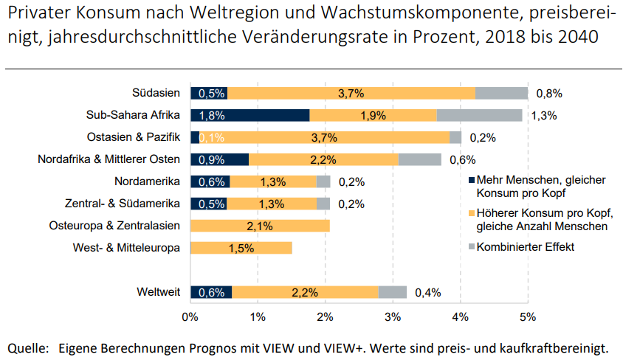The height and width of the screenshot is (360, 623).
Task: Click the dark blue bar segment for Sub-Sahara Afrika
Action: click(x=249, y=115)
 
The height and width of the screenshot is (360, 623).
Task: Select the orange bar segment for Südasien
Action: click(x=351, y=93)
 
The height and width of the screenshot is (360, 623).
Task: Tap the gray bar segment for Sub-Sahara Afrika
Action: click(x=479, y=115)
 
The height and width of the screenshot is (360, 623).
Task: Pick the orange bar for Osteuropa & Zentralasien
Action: click(x=260, y=226)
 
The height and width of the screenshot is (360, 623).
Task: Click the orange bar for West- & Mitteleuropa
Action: click(x=241, y=248)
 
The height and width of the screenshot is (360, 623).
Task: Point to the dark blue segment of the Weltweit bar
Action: click(x=211, y=292)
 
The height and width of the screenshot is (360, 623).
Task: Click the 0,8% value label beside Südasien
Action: click(x=549, y=94)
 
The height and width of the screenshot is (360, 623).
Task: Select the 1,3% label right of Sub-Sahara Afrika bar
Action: click(x=543, y=116)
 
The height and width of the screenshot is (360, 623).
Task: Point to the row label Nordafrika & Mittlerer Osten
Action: click(x=109, y=159)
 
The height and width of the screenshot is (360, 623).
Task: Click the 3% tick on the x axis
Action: click(x=392, y=318)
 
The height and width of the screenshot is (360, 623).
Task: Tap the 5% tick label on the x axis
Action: click(x=527, y=318)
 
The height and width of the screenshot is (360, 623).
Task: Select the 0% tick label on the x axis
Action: click(x=190, y=318)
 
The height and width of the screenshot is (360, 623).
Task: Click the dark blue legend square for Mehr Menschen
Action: click(x=472, y=181)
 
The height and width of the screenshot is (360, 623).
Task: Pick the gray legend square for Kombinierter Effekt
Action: click(x=472, y=247)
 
